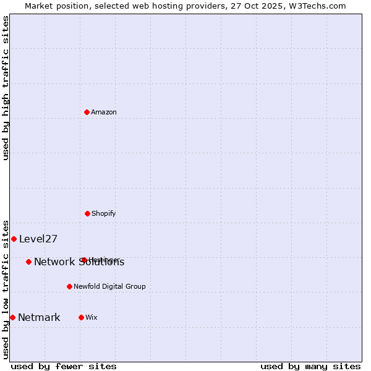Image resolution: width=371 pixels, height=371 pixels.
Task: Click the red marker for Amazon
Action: pos(87,112)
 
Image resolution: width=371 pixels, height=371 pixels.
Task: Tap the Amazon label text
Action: pos(104,112)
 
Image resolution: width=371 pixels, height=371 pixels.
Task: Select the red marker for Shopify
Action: pos(87,213)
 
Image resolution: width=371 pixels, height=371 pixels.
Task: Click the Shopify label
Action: pos(103,213)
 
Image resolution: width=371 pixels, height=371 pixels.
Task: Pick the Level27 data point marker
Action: pos(14,239)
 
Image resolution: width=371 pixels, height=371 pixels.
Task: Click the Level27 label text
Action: pos(38,239)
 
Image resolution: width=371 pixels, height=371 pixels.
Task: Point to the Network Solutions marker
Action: pos(28,262)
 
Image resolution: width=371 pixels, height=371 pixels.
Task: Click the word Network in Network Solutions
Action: pos(54,262)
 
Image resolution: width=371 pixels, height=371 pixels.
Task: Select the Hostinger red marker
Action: pos(83,260)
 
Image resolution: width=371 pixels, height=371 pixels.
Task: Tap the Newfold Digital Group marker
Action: pos(69,286)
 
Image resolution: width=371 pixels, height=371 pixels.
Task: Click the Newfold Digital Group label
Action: pos(109,286)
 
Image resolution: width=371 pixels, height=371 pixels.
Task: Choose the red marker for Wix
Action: pos(81,317)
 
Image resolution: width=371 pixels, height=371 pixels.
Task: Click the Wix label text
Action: pos(92,317)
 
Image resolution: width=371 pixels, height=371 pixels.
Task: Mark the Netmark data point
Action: pos(12,317)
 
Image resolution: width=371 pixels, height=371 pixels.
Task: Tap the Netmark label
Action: pos(39,318)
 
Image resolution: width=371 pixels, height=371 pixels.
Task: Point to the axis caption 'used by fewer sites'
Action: pos(64,366)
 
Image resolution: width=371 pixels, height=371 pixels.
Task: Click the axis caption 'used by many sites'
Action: pos(310,366)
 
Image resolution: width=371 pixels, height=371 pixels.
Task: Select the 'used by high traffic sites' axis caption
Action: pos(6,88)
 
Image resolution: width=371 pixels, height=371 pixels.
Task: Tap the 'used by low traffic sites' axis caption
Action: pos(6,289)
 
